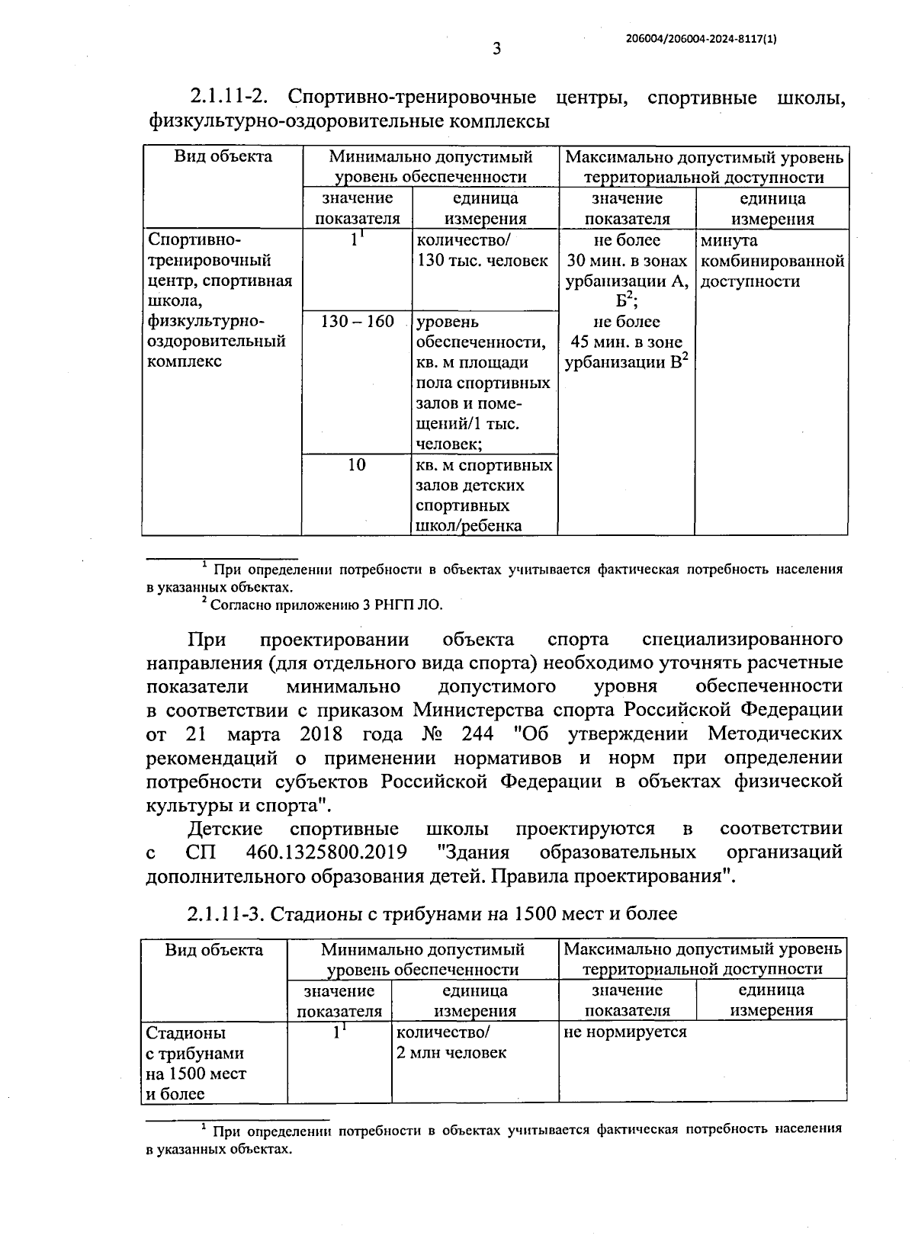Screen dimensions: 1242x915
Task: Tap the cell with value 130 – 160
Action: click(357, 321)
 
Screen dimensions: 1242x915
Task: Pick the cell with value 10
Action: click(357, 464)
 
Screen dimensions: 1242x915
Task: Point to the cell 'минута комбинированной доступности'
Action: click(771, 261)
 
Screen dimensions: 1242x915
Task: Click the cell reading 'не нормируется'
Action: click(625, 1032)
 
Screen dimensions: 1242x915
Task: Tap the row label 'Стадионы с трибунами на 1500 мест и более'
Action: click(196, 1063)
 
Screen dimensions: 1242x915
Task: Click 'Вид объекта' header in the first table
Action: click(223, 157)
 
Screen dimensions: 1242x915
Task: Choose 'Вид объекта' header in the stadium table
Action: click(214, 949)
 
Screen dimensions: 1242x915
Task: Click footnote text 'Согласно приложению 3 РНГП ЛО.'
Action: click(326, 605)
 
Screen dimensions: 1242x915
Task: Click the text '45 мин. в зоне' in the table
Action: click(627, 342)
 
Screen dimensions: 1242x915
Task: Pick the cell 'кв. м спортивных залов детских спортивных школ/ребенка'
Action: click(483, 495)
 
